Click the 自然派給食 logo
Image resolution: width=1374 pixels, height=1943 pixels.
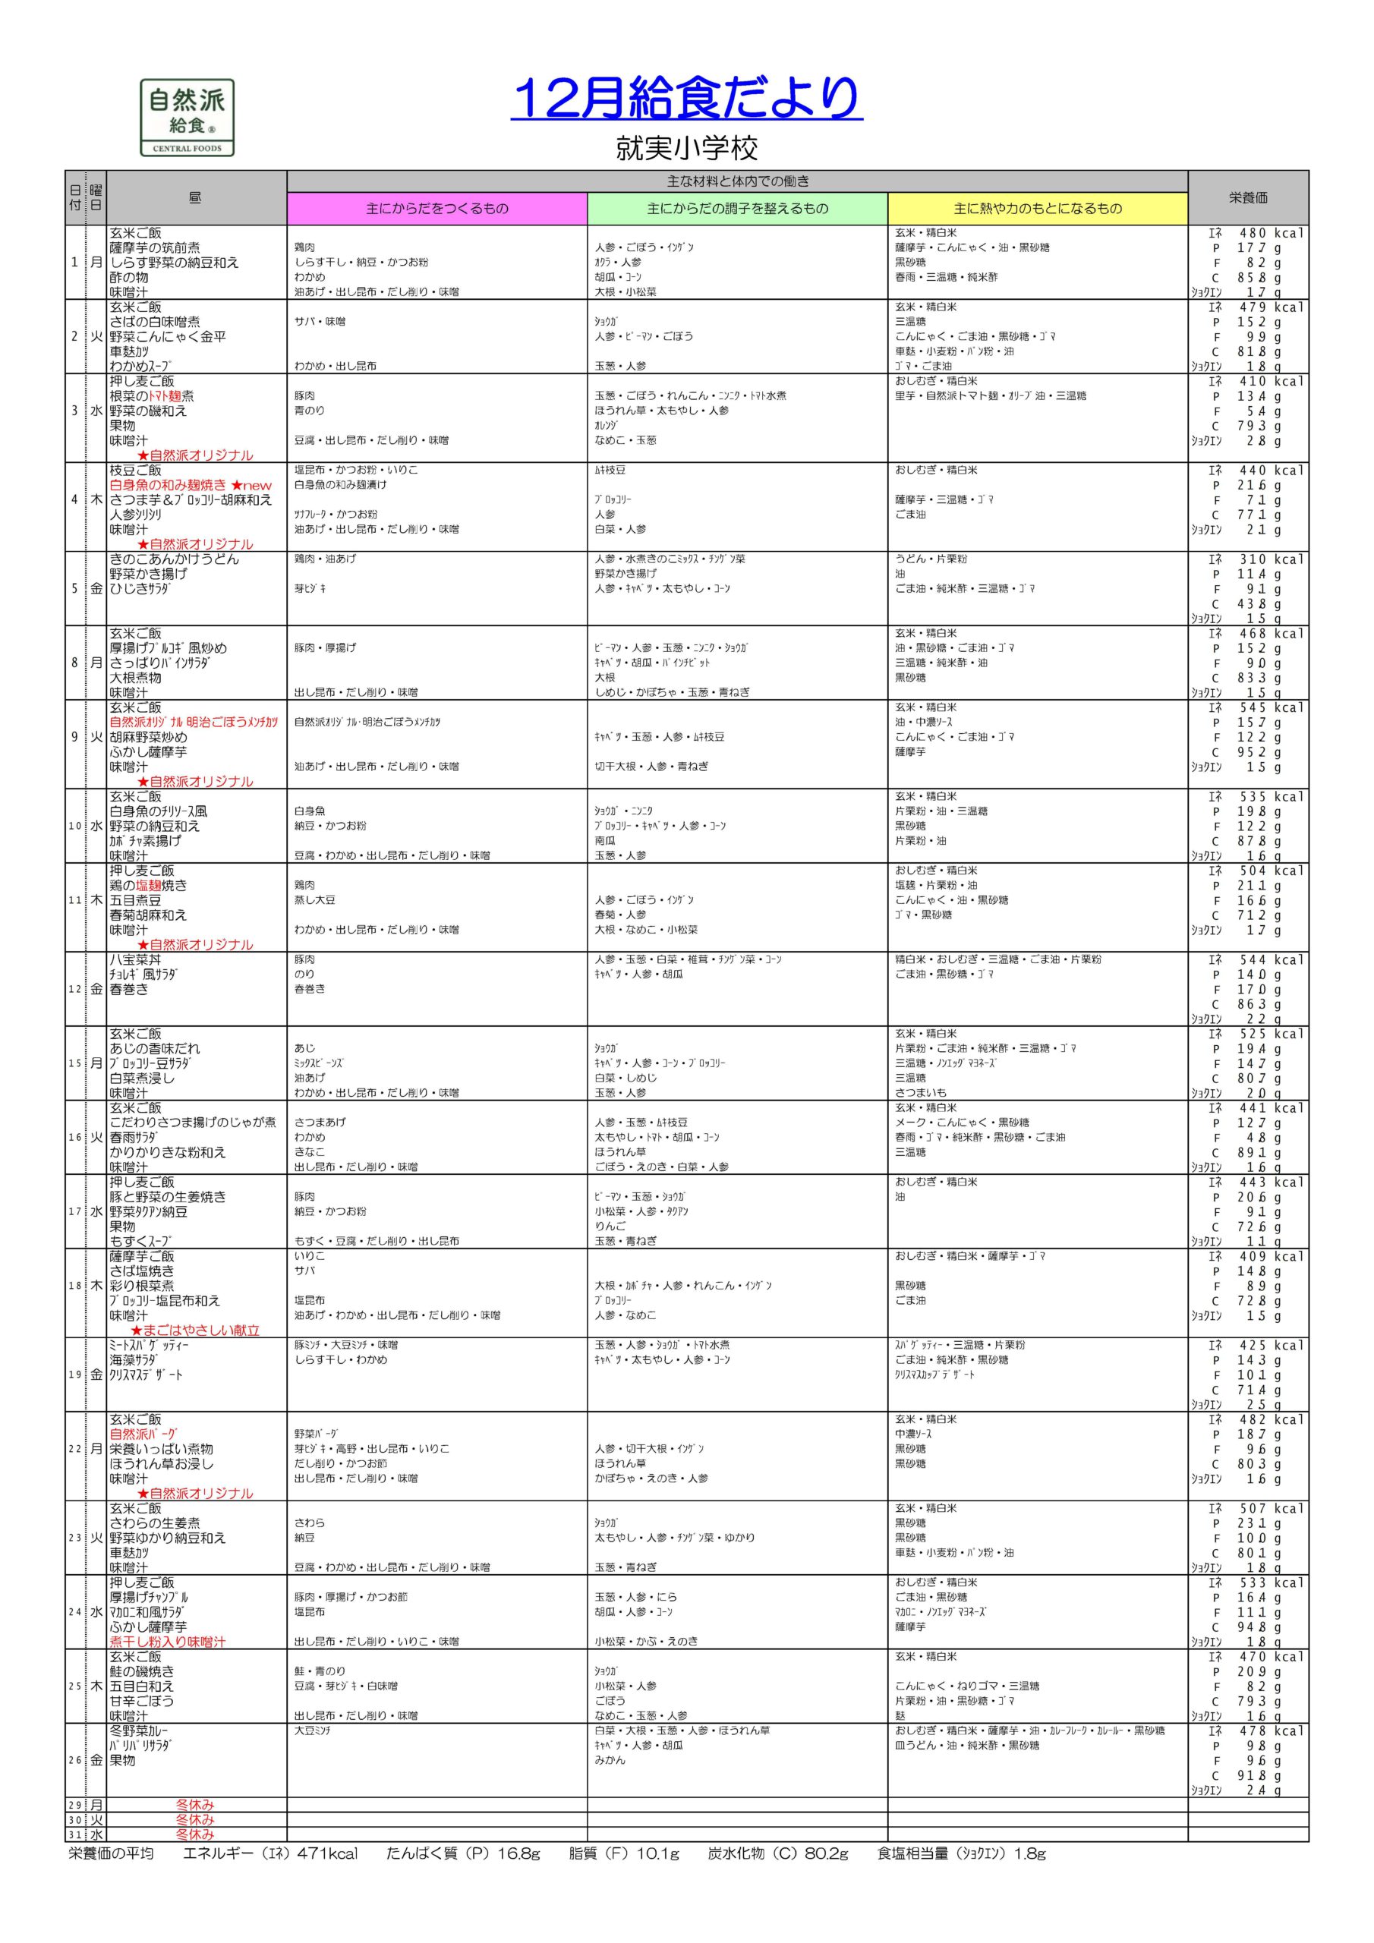[x=187, y=118]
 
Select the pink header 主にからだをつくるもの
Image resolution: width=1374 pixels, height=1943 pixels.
[x=436, y=208]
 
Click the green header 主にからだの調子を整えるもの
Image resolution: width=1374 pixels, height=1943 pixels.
[x=737, y=208]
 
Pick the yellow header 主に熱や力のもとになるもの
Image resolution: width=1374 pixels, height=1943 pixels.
[x=1037, y=208]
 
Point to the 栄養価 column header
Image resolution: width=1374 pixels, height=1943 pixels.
[x=1248, y=197]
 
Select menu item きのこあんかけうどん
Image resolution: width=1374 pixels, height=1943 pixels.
[x=175, y=559]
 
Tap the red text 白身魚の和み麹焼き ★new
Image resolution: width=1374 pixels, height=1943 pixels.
[x=191, y=485]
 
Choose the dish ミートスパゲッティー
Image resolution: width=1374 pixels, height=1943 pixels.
[x=149, y=1346]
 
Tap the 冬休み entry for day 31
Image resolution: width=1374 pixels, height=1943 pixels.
[x=195, y=1834]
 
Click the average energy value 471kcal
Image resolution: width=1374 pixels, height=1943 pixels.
[x=328, y=1853]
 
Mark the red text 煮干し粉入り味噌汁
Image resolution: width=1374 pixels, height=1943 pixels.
[x=168, y=1642]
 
